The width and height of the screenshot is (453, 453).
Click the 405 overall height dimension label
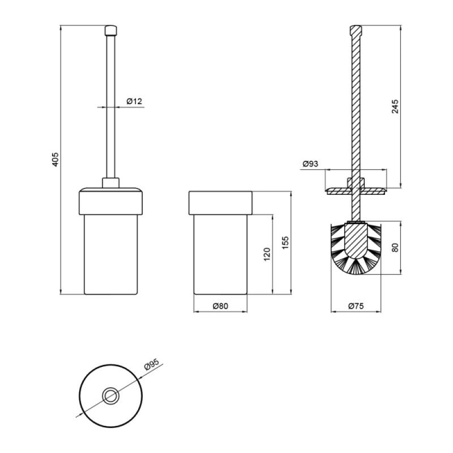point(55,159)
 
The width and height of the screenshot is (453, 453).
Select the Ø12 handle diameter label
point(135,101)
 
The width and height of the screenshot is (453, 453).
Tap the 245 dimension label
point(395,106)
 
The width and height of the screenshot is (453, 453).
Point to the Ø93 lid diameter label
point(310,164)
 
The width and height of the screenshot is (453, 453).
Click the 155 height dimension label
point(285,243)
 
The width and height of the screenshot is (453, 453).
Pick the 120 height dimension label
point(267,254)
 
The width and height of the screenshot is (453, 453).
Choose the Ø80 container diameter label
point(221,306)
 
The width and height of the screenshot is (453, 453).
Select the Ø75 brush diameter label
point(356,306)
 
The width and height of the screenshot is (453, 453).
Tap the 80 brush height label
point(395,248)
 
